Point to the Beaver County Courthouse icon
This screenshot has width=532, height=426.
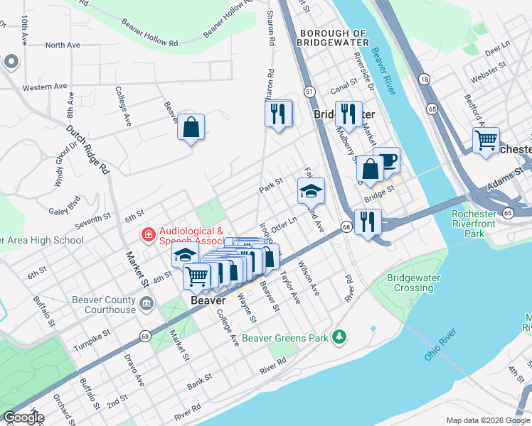tap(146, 305)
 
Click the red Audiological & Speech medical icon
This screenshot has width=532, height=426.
tap(148, 234)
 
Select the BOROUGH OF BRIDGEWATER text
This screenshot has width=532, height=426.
tap(334, 38)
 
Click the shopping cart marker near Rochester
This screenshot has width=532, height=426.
tap(486, 141)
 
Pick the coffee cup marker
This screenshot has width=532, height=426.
tap(386, 160)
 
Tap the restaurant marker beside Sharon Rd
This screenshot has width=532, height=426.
tap(278, 113)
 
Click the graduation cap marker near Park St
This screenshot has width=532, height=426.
tap(311, 190)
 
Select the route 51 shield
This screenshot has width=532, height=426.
tap(309, 92)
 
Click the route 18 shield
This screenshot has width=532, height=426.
tap(425, 79)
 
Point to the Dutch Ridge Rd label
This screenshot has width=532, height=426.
tap(87, 150)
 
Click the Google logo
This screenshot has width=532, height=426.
tap(23, 417)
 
